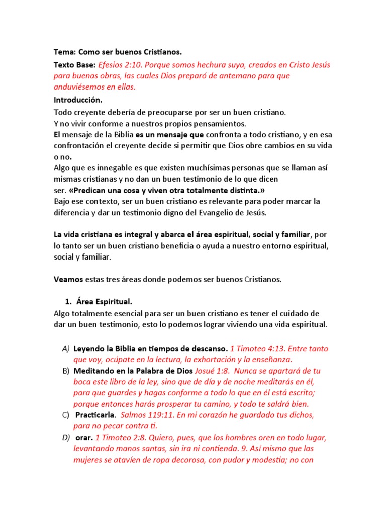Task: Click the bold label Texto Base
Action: point(74,65)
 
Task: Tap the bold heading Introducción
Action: point(78,100)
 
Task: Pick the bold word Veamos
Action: point(68,279)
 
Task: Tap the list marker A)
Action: point(66,348)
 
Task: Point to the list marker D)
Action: point(66,438)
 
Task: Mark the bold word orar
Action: point(84,438)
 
